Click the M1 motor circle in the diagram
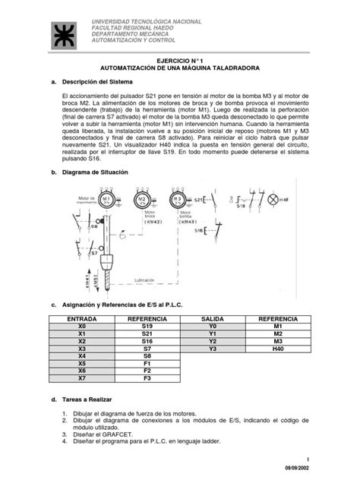pos(109,199)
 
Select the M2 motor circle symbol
pos(142,199)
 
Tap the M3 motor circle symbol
pos(177,199)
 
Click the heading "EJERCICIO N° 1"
pos(180,59)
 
